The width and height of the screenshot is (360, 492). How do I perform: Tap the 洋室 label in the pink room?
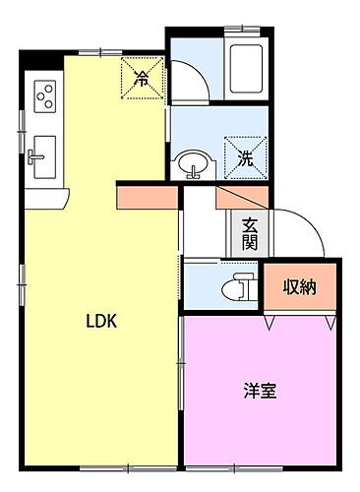coord(260,391)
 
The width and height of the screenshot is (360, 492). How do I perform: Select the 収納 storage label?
coord(300,287)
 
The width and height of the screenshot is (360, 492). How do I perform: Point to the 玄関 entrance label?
coord(249,233)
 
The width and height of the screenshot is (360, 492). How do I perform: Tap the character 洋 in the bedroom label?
coord(252,391)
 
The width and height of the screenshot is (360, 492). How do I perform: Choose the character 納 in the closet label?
coord(308,287)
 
